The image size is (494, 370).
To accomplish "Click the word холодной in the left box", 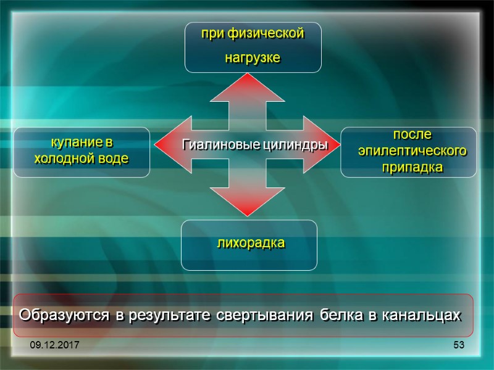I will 64,158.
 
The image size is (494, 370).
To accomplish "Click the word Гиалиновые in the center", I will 213,145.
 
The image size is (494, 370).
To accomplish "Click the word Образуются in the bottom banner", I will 65,315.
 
